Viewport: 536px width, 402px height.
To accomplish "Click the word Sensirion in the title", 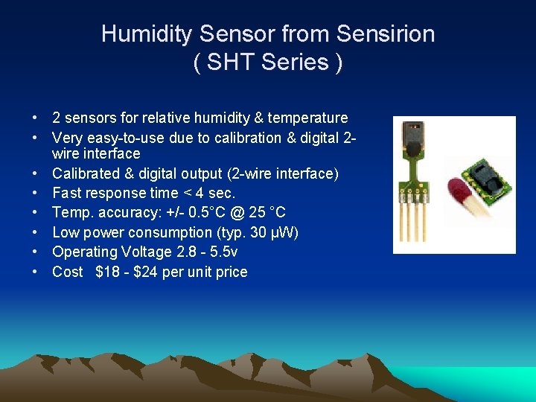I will pos(386,34).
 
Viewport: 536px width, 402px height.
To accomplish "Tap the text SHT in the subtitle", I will pos(229,63).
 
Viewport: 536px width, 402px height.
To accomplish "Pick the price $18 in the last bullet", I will pos(108,272).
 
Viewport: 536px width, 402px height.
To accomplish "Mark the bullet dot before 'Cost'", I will pos(35,272).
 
